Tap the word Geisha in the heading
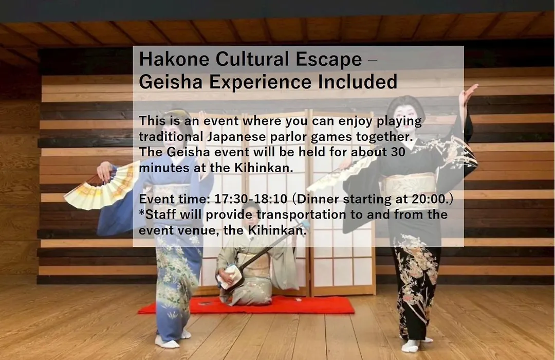[x=171, y=82]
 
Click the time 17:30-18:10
[x=251, y=199]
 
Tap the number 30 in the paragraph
[x=398, y=152]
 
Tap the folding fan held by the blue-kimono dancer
[x=100, y=187]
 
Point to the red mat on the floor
[x=246, y=306]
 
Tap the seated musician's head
[x=250, y=212]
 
